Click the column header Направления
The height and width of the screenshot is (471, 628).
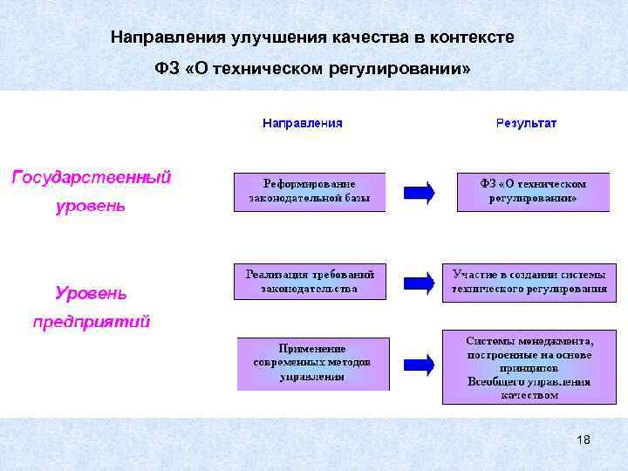(302, 123)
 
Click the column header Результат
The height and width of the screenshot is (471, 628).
(526, 123)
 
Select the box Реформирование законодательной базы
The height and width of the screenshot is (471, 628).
(310, 192)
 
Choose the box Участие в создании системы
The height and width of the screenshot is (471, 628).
(529, 281)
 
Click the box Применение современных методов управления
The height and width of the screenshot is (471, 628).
(311, 363)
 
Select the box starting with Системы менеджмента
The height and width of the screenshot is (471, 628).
(529, 366)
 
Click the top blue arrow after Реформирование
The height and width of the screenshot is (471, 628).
(419, 193)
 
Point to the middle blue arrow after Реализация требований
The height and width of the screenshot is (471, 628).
(419, 282)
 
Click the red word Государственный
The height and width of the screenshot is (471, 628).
(91, 177)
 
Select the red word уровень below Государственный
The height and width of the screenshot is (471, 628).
(91, 207)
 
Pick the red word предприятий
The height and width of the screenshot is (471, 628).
(92, 322)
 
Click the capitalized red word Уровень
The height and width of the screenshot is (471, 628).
(91, 292)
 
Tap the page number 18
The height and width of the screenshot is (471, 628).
(584, 440)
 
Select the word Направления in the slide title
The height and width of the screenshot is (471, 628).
(168, 38)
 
